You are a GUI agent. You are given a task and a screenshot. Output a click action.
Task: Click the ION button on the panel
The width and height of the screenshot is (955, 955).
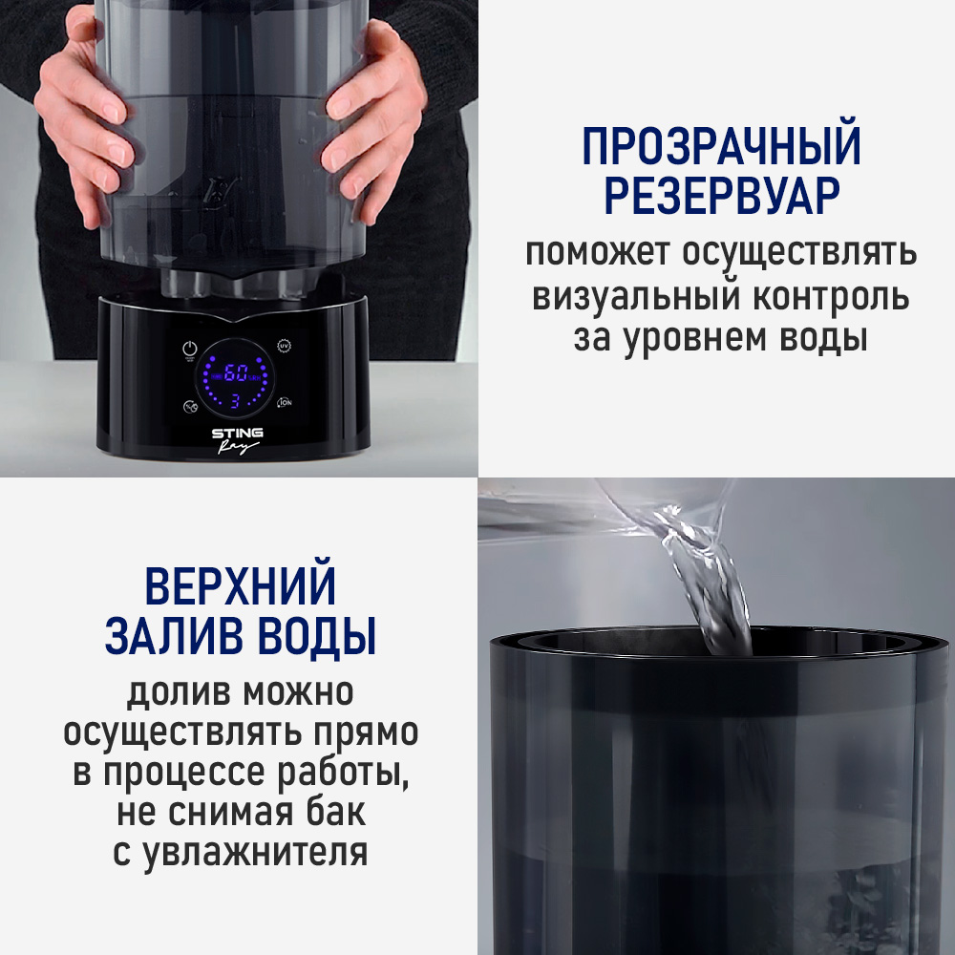tap(284, 404)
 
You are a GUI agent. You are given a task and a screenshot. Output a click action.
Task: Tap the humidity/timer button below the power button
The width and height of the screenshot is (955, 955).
tap(189, 405)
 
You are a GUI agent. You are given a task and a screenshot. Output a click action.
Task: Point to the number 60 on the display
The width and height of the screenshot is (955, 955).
tap(236, 372)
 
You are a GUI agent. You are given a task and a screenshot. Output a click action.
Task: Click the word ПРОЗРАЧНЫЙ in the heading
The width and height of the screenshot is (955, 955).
tap(721, 147)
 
